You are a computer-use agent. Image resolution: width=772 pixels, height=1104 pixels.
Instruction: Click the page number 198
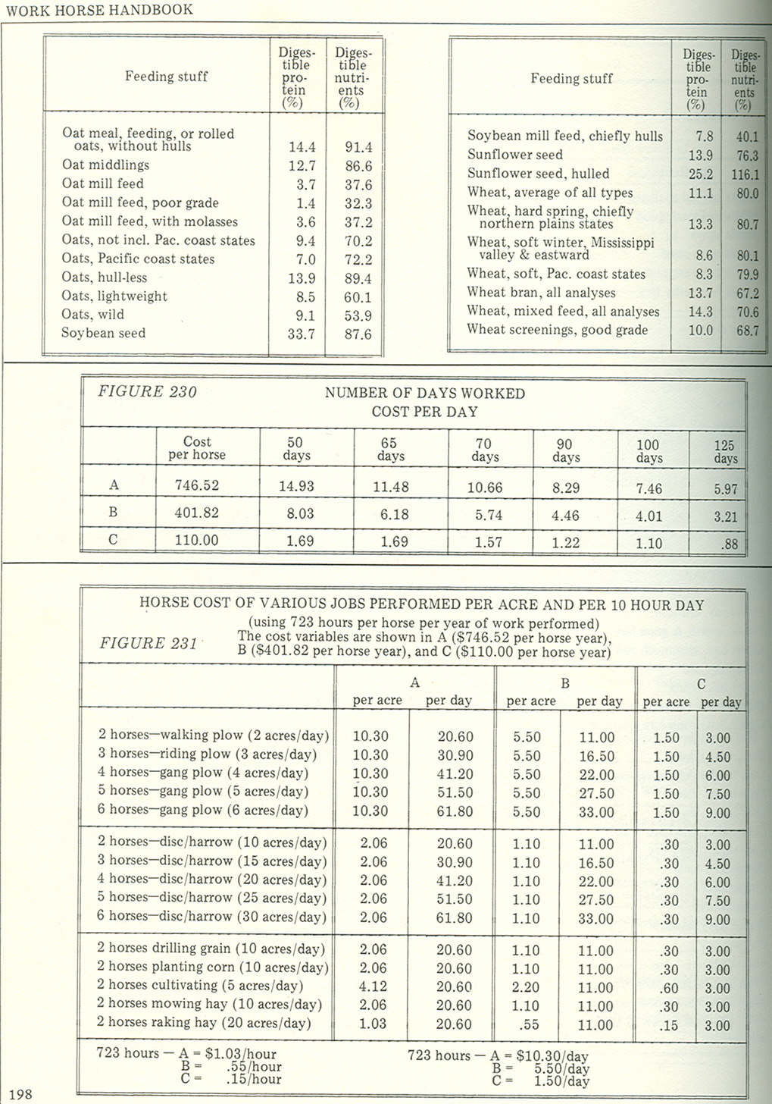(x=20, y=1093)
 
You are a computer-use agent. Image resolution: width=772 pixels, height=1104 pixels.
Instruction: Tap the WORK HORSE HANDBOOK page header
(x=99, y=10)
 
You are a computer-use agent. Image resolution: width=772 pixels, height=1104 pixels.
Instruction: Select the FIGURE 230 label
(x=147, y=392)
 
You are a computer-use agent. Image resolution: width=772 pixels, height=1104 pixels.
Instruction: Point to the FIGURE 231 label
(x=148, y=643)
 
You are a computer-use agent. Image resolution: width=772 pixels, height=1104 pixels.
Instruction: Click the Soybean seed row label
(x=104, y=333)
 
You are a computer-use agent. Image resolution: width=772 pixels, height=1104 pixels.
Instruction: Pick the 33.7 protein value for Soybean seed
(x=301, y=334)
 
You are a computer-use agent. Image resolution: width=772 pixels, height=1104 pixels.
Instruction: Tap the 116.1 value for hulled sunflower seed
(x=745, y=174)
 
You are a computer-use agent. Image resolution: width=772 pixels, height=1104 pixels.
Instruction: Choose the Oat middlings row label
(x=105, y=165)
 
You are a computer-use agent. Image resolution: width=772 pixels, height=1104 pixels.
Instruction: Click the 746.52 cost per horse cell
(x=196, y=485)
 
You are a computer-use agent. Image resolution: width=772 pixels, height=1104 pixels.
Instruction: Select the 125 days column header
(x=725, y=452)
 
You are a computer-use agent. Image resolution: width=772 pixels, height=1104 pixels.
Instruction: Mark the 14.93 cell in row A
(x=296, y=486)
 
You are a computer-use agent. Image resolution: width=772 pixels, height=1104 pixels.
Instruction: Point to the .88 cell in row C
(x=729, y=544)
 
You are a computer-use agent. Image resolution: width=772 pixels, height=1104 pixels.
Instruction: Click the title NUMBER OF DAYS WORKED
(x=424, y=393)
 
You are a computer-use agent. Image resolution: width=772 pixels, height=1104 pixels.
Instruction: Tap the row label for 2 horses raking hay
(x=204, y=1023)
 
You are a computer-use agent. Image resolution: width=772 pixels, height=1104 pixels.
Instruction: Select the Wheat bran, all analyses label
(x=541, y=293)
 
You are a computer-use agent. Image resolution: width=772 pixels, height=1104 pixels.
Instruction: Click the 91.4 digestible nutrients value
(x=358, y=147)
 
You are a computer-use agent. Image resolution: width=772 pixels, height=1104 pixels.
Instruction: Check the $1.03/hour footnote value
(x=240, y=1054)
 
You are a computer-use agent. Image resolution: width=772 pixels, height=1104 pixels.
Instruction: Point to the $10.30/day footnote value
(x=552, y=1055)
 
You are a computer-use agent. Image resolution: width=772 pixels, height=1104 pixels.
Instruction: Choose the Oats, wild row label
(x=93, y=314)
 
